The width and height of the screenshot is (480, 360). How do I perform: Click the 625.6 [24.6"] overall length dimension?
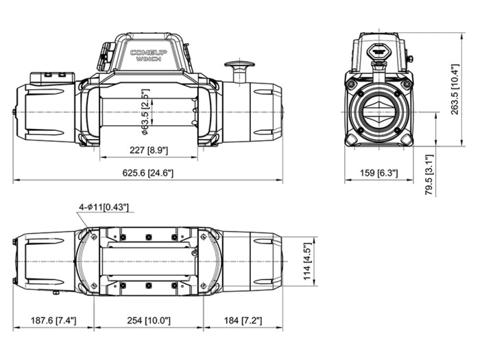(x=148, y=173)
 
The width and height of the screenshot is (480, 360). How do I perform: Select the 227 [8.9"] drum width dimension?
(x=149, y=150)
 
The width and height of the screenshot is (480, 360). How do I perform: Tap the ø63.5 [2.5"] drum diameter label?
(x=145, y=112)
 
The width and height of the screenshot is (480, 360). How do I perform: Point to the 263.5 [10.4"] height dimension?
(x=455, y=89)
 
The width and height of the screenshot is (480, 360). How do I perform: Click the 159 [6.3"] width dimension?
(x=379, y=173)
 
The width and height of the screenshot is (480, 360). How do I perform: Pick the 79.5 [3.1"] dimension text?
(x=429, y=175)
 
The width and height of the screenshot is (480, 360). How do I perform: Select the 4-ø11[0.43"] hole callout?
(x=104, y=207)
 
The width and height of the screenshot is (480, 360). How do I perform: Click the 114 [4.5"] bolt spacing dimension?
(x=307, y=261)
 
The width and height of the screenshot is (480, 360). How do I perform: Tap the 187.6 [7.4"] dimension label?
(x=53, y=320)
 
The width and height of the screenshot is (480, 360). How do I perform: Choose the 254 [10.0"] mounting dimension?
(x=149, y=320)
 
